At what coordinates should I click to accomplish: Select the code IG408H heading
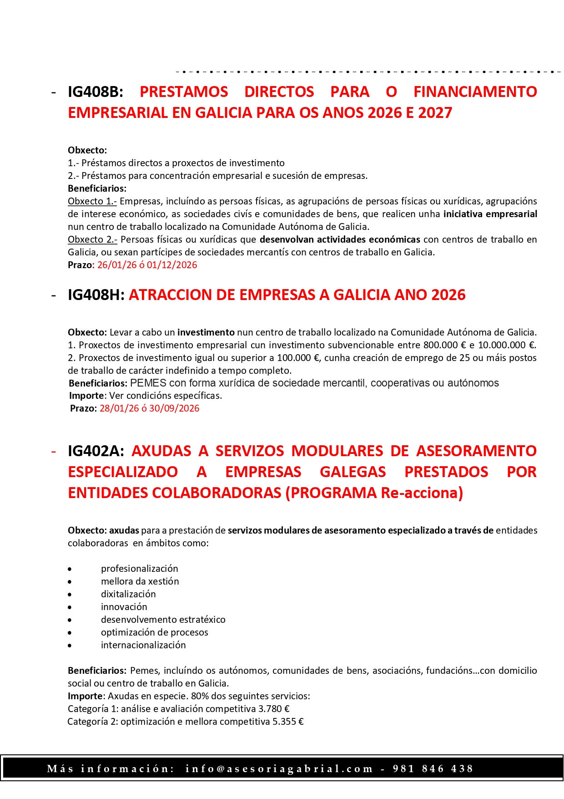click(x=96, y=295)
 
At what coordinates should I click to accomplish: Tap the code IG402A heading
click(x=96, y=451)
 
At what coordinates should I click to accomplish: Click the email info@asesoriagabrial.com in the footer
click(x=279, y=769)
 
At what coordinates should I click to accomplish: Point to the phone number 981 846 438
click(x=433, y=769)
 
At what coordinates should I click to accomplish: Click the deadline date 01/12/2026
click(x=172, y=265)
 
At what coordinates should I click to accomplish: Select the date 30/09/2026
click(x=174, y=408)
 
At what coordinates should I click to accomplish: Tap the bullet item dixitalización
click(x=128, y=594)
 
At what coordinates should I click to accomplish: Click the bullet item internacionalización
click(x=143, y=645)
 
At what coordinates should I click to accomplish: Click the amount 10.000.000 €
click(x=506, y=345)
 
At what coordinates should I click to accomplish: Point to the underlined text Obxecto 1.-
click(x=92, y=201)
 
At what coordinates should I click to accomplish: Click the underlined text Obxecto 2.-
click(x=92, y=239)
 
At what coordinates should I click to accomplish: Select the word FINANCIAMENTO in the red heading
click(x=475, y=92)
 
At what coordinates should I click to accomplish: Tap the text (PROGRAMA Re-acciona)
click(x=374, y=493)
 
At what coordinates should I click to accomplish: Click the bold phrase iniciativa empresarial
click(x=490, y=214)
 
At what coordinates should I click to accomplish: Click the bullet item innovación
click(x=124, y=607)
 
